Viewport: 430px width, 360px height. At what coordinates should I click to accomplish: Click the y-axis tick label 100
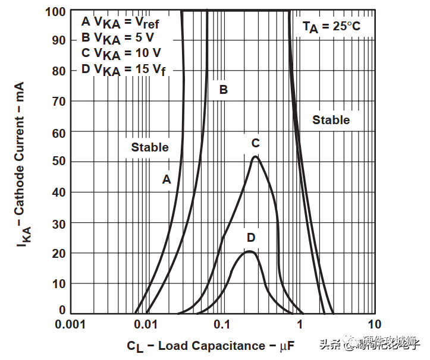(54, 11)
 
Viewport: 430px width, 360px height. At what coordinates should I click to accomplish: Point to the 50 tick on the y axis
(58, 162)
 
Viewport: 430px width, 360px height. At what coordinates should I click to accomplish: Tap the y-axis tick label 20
(58, 253)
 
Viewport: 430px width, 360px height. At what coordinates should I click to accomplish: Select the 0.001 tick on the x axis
(71, 325)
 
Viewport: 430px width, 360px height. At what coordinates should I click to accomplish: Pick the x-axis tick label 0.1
(222, 325)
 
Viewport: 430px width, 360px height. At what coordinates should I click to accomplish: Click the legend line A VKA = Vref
(121, 23)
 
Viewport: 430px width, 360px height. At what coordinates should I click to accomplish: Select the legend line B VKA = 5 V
(117, 38)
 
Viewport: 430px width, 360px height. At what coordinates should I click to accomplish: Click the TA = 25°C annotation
(331, 27)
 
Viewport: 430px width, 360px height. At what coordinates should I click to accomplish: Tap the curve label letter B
(224, 90)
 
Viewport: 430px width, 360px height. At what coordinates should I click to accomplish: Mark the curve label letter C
(255, 143)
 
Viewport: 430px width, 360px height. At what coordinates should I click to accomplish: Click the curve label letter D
(251, 238)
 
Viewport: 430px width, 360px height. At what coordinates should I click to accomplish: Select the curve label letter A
(167, 179)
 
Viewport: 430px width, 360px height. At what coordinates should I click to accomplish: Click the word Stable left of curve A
(150, 147)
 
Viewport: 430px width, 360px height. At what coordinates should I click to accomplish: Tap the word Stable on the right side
(331, 120)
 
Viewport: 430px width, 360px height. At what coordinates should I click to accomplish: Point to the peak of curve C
(255, 157)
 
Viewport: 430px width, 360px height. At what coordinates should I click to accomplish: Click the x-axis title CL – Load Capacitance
(210, 346)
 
